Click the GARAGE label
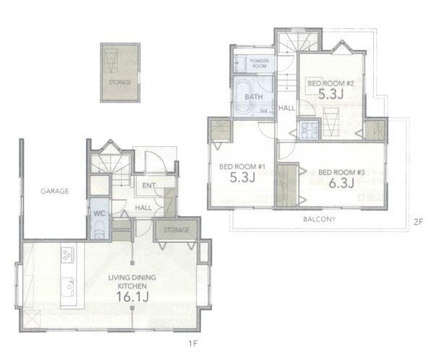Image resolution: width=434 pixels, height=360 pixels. point(54,192)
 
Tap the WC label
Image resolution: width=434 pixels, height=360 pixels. point(99,213)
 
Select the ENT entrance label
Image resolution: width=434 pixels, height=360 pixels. point(148,186)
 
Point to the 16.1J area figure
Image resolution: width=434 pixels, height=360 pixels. point(132,296)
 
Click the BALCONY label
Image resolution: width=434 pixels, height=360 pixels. point(319,219)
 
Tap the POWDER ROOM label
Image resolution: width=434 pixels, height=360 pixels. point(260,64)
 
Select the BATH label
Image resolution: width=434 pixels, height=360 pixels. point(254,97)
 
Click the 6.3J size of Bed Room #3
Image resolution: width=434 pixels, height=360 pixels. point(341,183)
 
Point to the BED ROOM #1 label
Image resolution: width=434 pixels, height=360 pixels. point(242,167)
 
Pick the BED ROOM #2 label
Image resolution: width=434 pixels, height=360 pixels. point(331,83)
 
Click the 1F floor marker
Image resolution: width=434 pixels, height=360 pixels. point(192,343)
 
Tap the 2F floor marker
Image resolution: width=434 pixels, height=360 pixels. point(418,222)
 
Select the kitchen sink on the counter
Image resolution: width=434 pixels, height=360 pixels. point(68,287)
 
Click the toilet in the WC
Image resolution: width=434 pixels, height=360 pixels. point(99,231)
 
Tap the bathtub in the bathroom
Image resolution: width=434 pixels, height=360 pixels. point(244,98)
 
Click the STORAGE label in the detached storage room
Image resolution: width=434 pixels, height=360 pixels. point(120,82)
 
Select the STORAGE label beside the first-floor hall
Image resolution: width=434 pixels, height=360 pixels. point(176,230)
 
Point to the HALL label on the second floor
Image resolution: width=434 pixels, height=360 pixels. point(286,108)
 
